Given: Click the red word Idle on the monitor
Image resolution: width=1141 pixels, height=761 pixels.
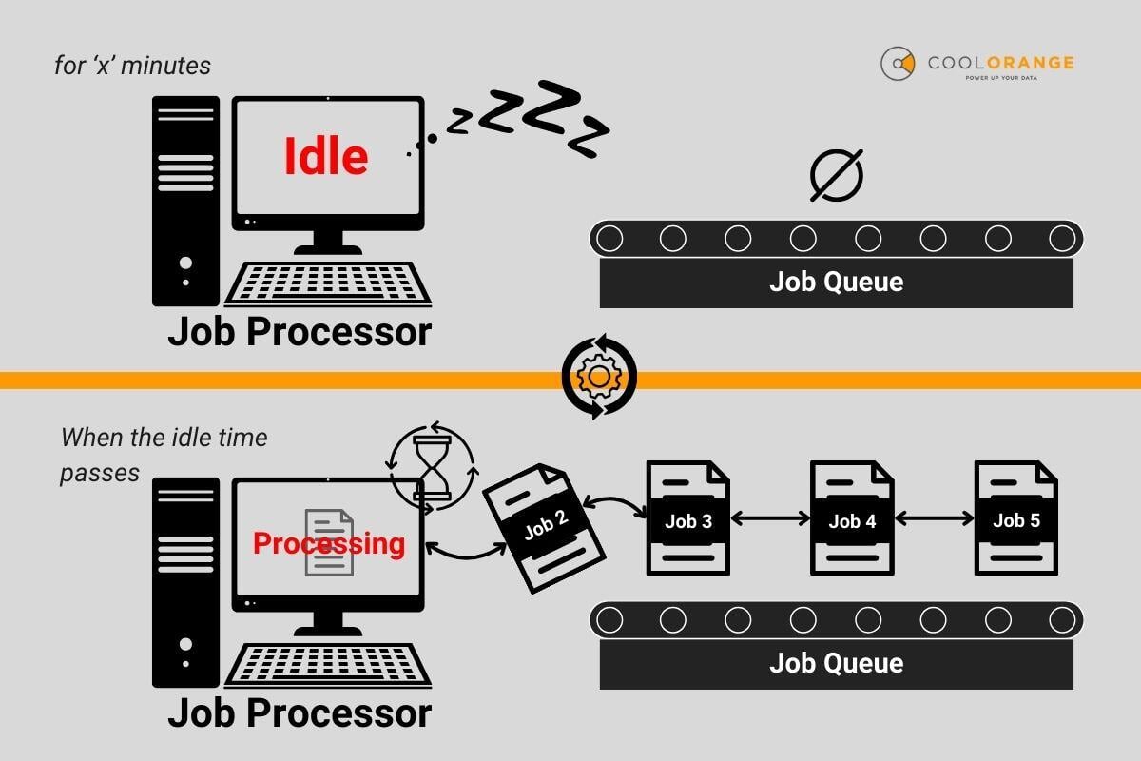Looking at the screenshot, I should pos(326,157).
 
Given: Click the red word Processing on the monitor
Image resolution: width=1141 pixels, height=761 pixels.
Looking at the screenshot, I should pos(328,544).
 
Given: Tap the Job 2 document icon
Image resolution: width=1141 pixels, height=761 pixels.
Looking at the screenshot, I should pos(543,528).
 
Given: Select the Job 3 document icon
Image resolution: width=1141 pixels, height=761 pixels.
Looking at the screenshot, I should pos(687,518).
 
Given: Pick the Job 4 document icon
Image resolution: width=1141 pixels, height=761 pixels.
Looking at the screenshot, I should pos(851,518).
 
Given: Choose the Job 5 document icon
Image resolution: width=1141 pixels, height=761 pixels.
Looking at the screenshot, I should pos(1015,518).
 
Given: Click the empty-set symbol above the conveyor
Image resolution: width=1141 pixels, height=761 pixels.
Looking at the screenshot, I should pos(836,175).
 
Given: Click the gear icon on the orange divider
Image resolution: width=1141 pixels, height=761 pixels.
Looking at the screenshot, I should pos(598,378).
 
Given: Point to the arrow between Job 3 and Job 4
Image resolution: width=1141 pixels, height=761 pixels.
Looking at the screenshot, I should pos(769,519).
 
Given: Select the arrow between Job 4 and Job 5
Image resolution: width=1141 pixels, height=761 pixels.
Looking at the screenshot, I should pos(934,519).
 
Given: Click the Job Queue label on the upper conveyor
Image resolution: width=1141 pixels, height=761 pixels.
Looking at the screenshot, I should pos(836,282).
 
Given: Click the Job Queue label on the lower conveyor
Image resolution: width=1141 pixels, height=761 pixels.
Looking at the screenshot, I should pos(836,663).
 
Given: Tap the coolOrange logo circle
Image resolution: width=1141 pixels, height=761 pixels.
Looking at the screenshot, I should pos(897,64).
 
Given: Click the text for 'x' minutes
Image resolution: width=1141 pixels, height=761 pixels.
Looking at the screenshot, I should pos(133,66).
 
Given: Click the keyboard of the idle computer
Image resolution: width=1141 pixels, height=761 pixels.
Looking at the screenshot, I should pos(327,283).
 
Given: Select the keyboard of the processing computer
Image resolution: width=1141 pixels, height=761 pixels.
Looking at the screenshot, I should pos(327,665).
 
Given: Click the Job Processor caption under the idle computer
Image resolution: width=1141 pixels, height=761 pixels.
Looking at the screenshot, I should pos(299,333).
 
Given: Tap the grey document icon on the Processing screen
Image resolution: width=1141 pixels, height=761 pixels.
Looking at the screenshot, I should pos(329,542).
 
